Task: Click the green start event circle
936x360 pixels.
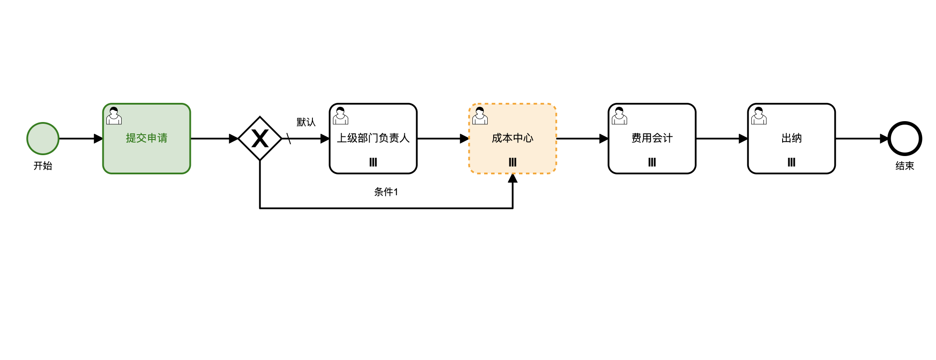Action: (x=43, y=139)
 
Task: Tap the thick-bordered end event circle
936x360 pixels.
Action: (x=905, y=139)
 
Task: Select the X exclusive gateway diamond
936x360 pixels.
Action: (x=260, y=139)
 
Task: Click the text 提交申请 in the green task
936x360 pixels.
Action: (x=146, y=138)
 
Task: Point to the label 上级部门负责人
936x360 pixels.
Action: (x=373, y=138)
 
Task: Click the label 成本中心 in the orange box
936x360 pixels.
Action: (x=512, y=138)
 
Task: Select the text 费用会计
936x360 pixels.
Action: (x=652, y=138)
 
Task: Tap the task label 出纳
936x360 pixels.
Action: (x=791, y=138)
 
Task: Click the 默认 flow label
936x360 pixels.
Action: (x=306, y=122)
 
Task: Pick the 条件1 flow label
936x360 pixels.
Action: (x=386, y=192)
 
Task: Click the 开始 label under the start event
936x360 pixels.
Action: (x=43, y=166)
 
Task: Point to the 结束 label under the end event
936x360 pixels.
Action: (x=905, y=166)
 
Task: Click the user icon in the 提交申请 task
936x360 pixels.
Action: (x=114, y=116)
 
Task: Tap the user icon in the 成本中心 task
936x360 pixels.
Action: (x=480, y=116)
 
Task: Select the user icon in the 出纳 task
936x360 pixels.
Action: (x=759, y=116)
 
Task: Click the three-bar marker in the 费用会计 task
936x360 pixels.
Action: (x=652, y=162)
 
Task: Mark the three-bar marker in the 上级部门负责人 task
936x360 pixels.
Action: (x=373, y=162)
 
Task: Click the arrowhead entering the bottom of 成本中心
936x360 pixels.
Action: (x=512, y=178)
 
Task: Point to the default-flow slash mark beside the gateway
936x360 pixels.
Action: (x=288, y=139)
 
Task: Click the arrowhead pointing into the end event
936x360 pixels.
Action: (x=884, y=139)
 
